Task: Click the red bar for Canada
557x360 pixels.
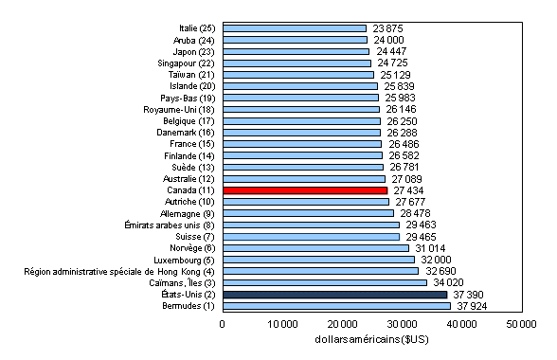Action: tap(304, 189)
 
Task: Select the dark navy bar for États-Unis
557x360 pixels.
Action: tap(334, 294)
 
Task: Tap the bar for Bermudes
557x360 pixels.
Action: tap(335, 305)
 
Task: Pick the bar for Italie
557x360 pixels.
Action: tap(294, 28)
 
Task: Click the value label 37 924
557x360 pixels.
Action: tap(473, 306)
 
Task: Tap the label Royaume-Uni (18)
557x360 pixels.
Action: tap(179, 109)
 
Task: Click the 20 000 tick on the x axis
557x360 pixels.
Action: tap(342, 325)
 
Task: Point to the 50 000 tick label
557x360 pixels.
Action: tap(521, 325)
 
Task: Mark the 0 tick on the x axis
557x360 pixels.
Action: tap(223, 325)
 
